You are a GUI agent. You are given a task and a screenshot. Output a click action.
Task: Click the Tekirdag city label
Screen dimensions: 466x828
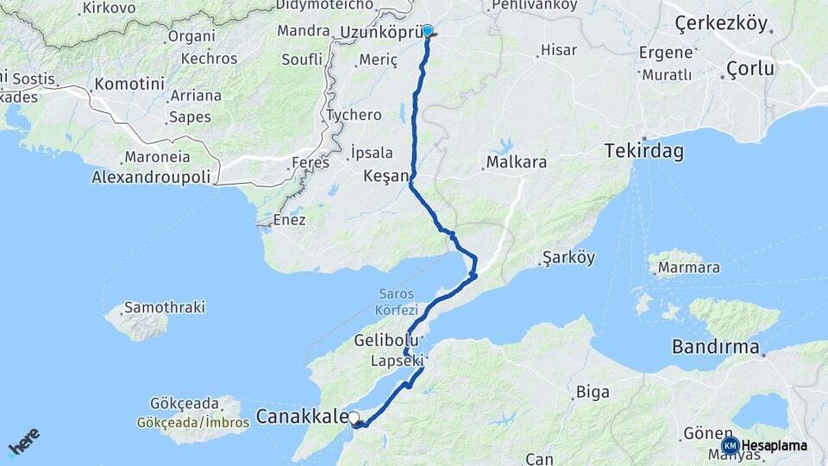[644, 152]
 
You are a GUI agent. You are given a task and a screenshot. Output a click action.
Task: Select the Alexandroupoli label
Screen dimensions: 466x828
[151, 177]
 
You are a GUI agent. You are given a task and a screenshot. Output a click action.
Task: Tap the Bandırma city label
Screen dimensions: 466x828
[715, 349]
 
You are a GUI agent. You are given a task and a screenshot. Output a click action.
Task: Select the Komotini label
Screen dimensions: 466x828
[129, 85]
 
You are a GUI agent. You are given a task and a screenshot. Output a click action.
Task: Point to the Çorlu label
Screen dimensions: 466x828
[750, 68]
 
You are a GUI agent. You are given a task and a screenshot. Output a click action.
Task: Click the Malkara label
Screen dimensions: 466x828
[513, 162]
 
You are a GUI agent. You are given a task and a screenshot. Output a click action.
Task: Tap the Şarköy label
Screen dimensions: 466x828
[568, 258]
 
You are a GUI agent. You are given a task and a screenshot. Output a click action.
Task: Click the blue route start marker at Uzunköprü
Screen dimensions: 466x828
[427, 31]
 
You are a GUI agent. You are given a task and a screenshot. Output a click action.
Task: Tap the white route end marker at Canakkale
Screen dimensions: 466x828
[354, 418]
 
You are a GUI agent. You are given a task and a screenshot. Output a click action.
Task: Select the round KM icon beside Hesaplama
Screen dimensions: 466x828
[730, 445]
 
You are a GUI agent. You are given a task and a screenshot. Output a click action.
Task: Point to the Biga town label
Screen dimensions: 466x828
[593, 393]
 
